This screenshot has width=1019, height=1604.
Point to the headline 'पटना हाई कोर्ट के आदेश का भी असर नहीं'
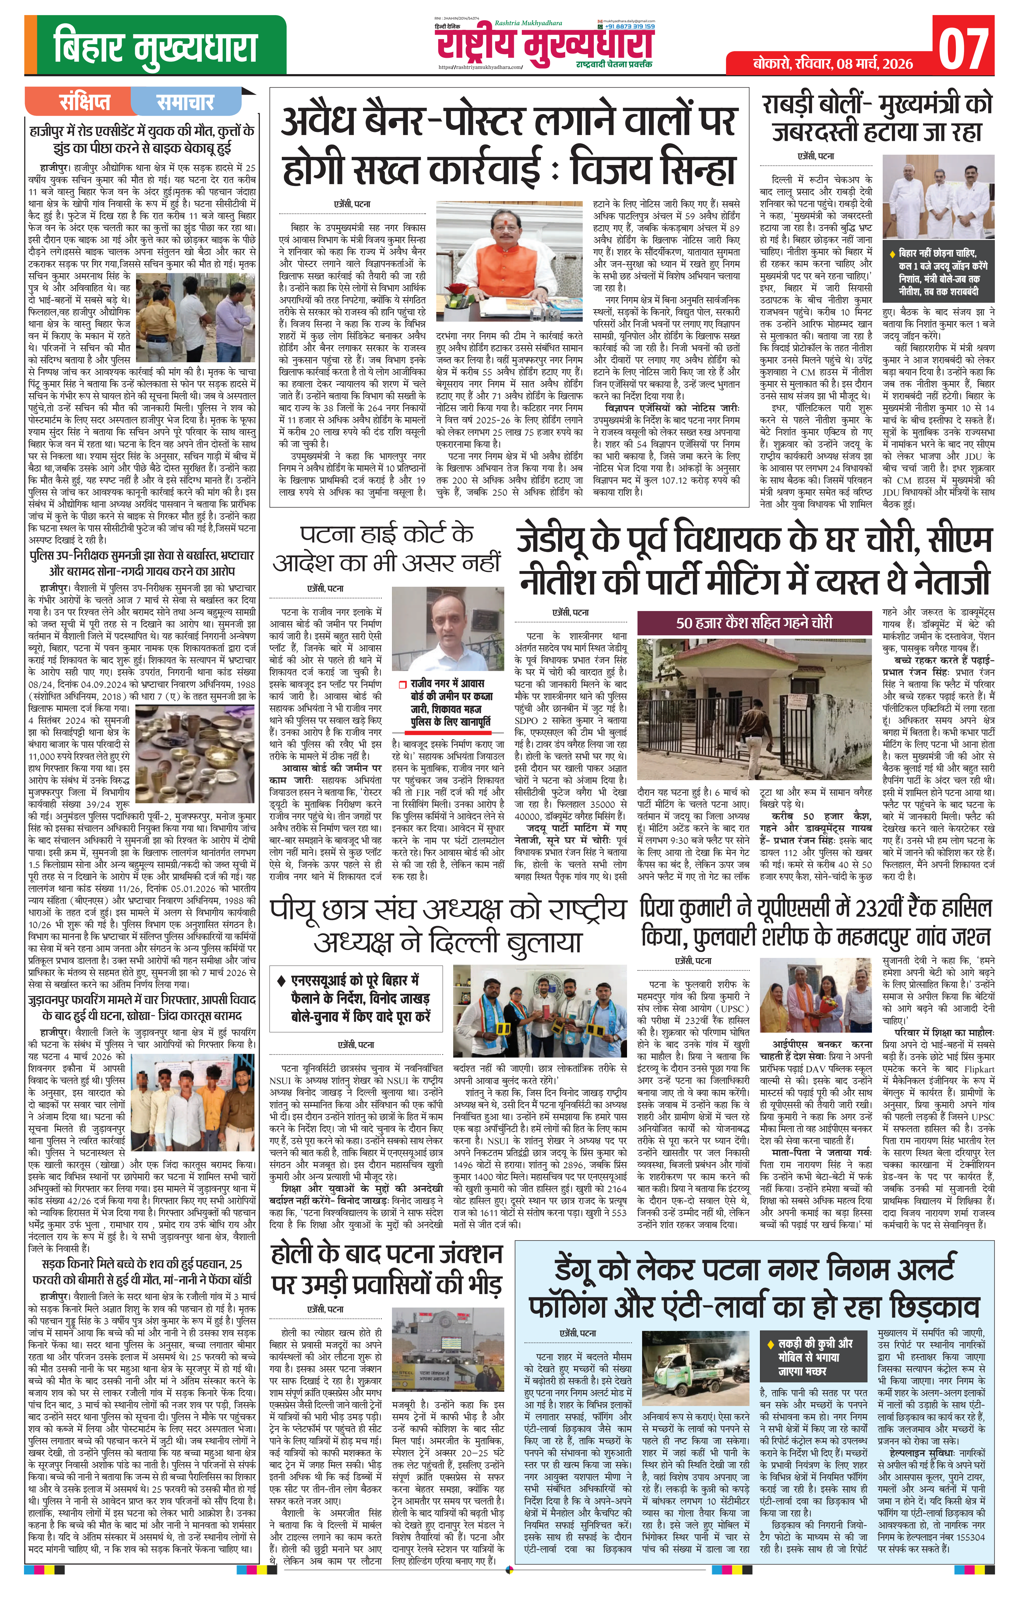pyautogui.click(x=386, y=548)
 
